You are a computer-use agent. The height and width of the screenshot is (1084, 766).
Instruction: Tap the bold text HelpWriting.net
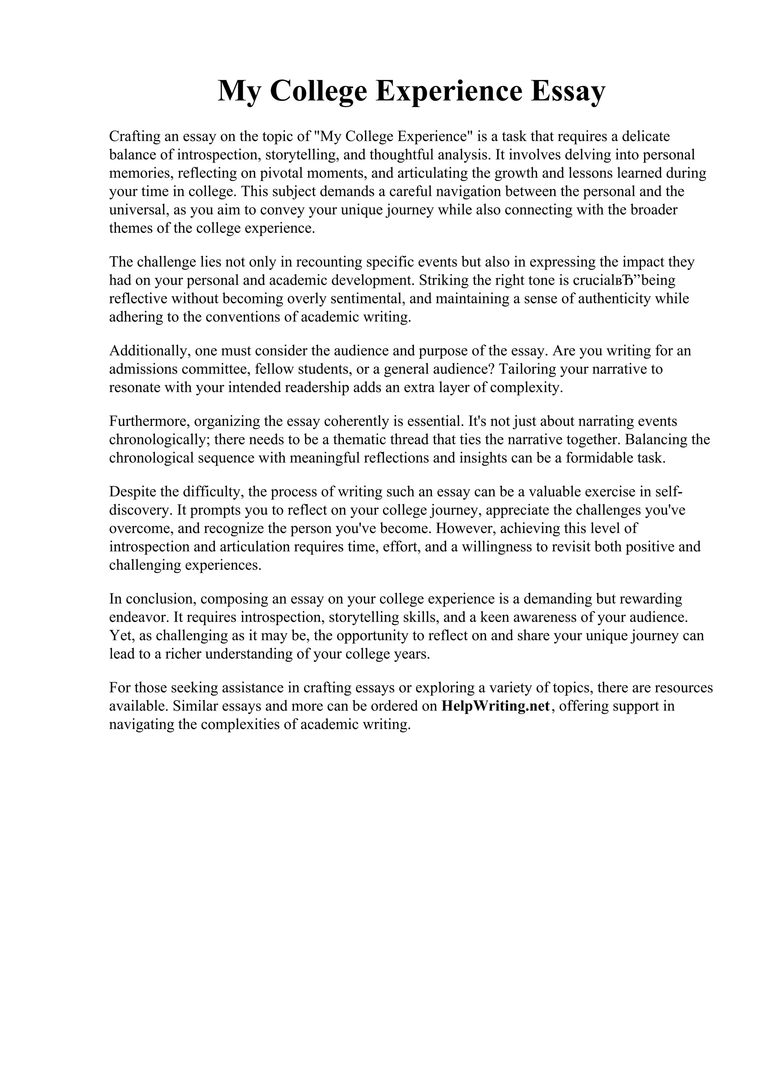pos(496,706)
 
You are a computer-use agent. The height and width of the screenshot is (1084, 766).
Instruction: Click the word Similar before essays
pos(193,706)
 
